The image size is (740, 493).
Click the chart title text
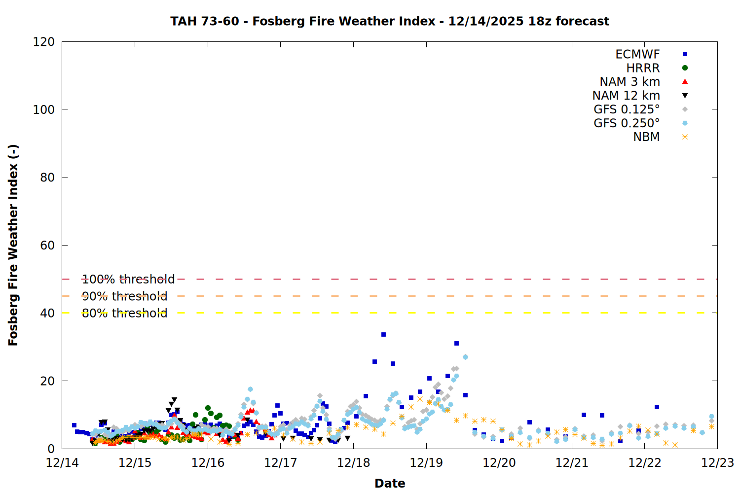390,21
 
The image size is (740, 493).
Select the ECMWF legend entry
637,54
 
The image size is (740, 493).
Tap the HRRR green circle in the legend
685,68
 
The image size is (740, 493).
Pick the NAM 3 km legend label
629,82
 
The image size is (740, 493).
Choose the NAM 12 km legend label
626,96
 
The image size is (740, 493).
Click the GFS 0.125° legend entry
627,109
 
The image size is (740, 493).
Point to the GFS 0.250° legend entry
627,123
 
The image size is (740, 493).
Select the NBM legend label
646,137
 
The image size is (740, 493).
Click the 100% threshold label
128,280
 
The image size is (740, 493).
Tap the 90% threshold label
124,296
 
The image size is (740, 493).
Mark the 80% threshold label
124,313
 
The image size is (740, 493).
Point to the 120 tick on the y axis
44,42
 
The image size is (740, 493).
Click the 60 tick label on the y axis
47,246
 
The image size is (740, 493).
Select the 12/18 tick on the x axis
353,463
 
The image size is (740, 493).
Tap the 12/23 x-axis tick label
717,463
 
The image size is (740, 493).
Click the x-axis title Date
390,483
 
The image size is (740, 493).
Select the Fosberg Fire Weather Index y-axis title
13,245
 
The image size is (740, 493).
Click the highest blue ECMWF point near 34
383,335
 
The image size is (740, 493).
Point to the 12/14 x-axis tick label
62,463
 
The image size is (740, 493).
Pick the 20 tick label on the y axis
47,381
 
